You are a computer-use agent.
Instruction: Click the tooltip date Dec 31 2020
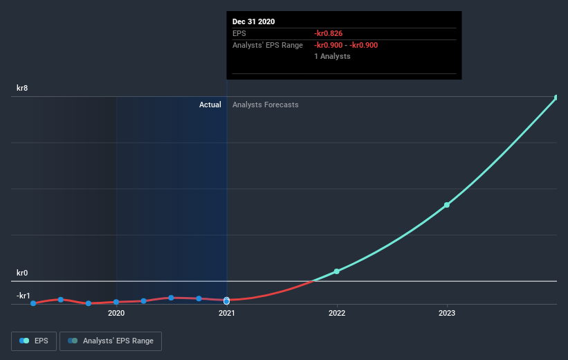[253, 21]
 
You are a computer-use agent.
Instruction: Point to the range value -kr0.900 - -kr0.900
[345, 45]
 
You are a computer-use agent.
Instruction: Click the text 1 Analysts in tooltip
[331, 56]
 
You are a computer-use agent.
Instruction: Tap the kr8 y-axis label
[24, 88]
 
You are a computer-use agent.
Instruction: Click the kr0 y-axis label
[24, 273]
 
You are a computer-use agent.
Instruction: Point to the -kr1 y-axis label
[24, 296]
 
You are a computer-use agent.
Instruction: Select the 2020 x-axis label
[116, 314]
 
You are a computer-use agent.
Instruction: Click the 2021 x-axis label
[226, 314]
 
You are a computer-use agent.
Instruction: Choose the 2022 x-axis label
[337, 314]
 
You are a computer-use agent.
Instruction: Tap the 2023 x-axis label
[447, 314]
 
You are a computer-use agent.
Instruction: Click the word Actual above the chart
[210, 105]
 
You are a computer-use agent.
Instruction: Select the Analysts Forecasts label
[266, 105]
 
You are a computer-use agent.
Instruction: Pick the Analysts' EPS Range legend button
[111, 341]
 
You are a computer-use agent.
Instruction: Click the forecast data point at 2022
[337, 271]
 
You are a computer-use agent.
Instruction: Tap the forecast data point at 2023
[447, 205]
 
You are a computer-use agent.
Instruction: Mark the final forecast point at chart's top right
[556, 98]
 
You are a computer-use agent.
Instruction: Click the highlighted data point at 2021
[226, 300]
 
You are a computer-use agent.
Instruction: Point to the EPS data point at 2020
[116, 302]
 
